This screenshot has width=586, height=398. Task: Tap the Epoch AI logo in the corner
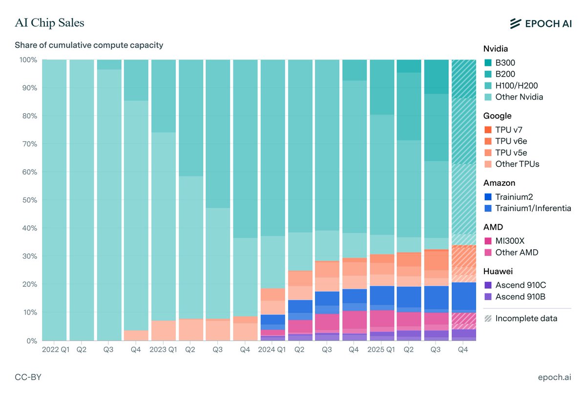tap(540, 23)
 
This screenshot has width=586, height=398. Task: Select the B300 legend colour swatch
tap(488, 63)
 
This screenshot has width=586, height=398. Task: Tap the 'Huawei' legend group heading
tap(498, 271)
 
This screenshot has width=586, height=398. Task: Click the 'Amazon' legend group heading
tap(499, 183)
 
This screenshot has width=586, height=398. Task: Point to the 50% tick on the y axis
tap(28, 200)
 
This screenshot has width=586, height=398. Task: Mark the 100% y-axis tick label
tap(27, 60)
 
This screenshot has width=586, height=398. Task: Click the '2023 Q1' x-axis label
tap(164, 350)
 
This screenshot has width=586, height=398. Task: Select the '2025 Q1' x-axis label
tap(382, 350)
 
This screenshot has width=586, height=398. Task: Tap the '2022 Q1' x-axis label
tap(55, 350)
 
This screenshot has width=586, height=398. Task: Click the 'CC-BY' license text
tap(28, 377)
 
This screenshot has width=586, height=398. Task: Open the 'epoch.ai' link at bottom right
tap(554, 377)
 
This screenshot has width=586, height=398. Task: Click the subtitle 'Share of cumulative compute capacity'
tap(89, 45)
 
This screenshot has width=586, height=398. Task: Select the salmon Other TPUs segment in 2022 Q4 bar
tap(136, 336)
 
